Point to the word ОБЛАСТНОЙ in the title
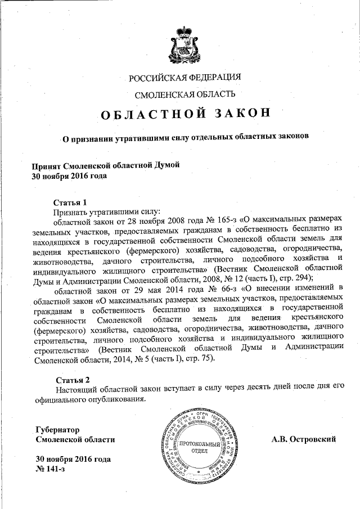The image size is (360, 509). pos(149,114)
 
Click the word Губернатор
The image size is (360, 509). pos(57,429)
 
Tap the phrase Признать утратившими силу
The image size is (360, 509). pos(107,212)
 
